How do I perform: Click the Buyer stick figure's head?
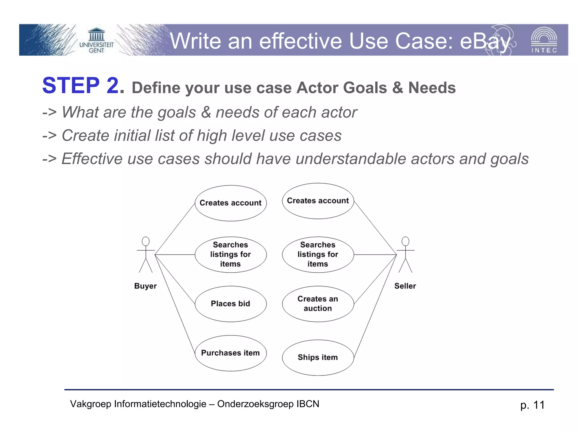click(x=146, y=241)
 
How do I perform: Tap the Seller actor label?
click(x=405, y=286)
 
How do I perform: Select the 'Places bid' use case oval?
click(x=231, y=304)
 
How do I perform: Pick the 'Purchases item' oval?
click(x=231, y=353)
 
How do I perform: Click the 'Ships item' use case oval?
click(x=318, y=357)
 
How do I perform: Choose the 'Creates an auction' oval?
click(x=318, y=304)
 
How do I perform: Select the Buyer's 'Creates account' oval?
click(x=231, y=203)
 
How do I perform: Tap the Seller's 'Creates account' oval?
click(x=318, y=201)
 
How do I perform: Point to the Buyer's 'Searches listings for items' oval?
click(x=231, y=254)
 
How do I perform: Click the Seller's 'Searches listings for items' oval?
click(x=318, y=254)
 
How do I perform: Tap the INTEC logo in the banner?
click(x=544, y=40)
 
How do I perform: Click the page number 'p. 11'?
click(x=532, y=405)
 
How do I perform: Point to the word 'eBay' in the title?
click(x=485, y=41)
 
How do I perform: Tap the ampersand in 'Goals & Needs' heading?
click(x=397, y=88)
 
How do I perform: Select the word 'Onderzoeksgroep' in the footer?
click(x=255, y=404)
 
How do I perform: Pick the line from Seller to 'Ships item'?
click(x=375, y=306)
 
